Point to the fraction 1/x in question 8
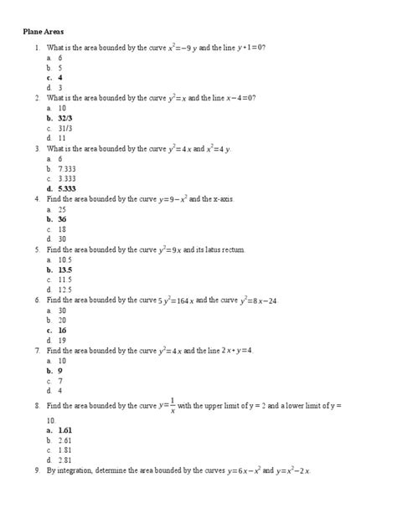(173, 405)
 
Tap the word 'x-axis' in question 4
(219, 199)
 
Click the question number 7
(37, 350)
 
